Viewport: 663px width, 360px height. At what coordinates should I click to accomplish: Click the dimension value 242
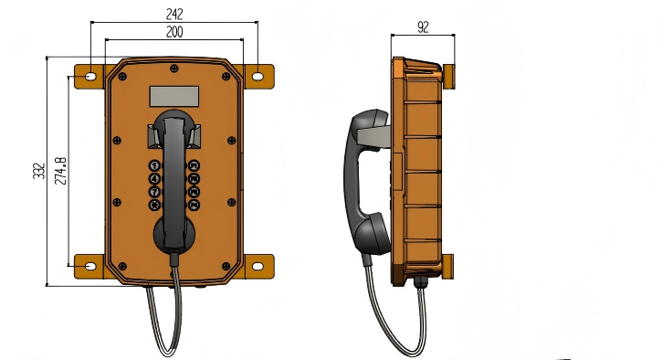[x=174, y=14]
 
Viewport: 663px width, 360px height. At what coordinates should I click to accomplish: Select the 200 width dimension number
[x=174, y=32]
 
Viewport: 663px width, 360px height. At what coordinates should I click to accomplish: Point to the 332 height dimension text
[x=39, y=171]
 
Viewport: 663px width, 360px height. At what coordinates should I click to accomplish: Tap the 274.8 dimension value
[x=61, y=171]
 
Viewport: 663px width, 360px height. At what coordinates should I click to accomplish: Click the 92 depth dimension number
[x=423, y=27]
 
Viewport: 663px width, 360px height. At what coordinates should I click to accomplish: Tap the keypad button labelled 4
[x=154, y=178]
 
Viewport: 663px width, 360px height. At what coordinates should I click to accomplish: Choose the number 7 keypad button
[x=154, y=192]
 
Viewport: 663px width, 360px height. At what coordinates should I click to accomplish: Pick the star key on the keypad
[x=154, y=205]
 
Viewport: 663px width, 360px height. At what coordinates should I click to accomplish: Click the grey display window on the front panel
[x=174, y=97]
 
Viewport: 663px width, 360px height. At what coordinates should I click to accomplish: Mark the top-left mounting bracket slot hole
[x=90, y=77]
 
